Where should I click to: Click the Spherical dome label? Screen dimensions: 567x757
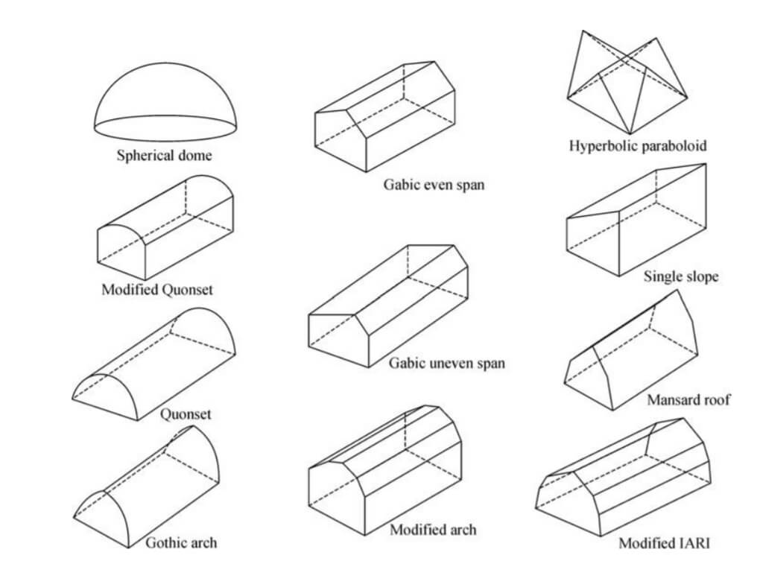[x=164, y=156]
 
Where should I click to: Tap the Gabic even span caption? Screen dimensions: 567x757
[x=434, y=184]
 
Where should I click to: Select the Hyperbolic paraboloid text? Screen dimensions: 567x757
[x=638, y=145]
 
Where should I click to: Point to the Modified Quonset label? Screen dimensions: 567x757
[x=156, y=289]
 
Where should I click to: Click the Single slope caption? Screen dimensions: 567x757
[x=681, y=276]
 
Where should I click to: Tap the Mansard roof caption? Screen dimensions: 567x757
[x=688, y=400]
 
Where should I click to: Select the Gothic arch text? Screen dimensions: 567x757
[x=181, y=542]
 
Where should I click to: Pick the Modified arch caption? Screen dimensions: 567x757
[x=433, y=530]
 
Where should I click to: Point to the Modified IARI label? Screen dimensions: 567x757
[x=665, y=543]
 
